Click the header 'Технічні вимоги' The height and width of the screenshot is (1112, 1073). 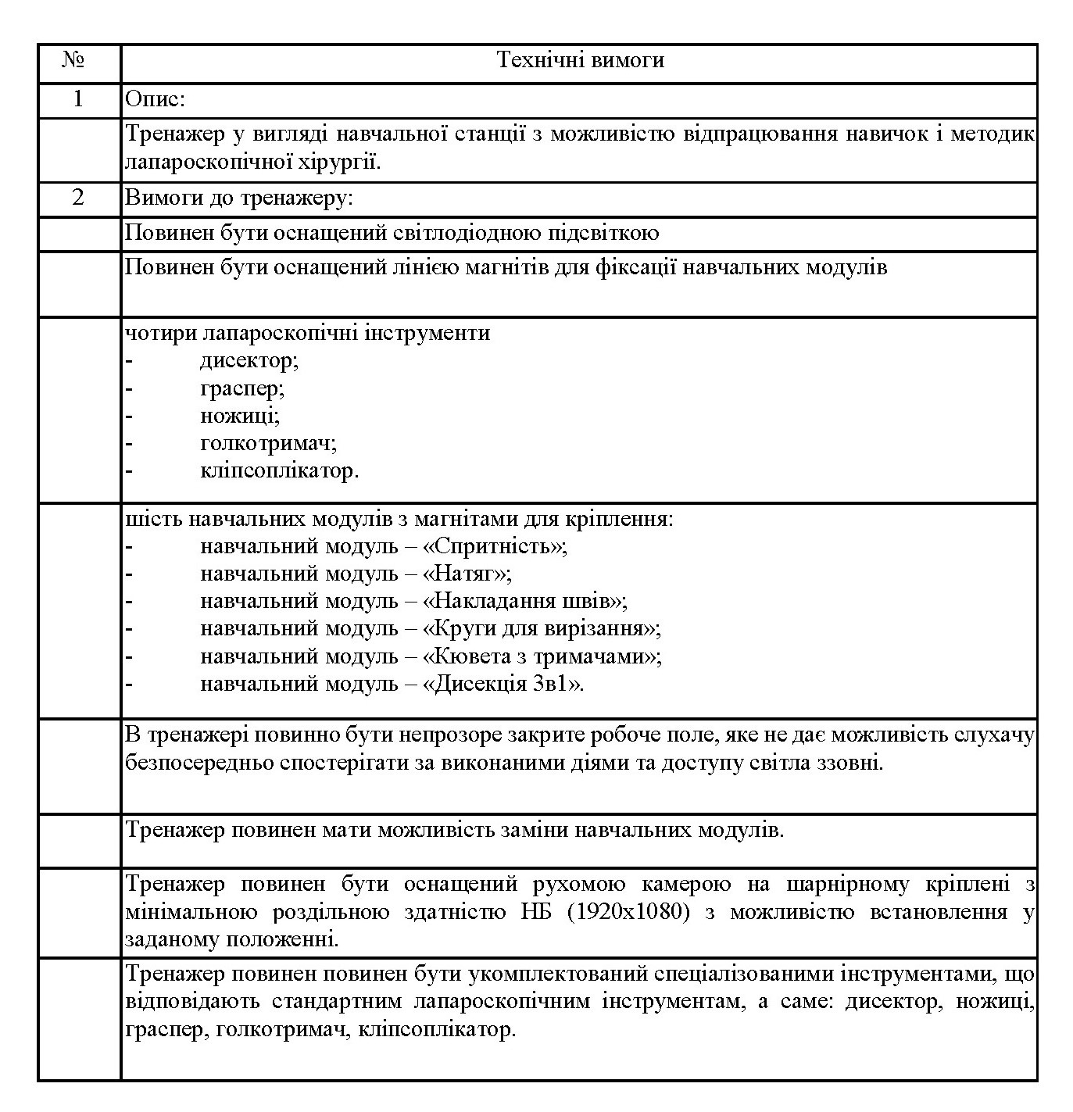[x=580, y=60]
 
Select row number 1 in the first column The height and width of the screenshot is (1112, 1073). [x=77, y=99]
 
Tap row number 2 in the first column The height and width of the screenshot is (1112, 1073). [x=77, y=198]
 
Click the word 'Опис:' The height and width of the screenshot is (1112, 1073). [x=156, y=99]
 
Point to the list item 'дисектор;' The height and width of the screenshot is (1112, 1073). [x=249, y=360]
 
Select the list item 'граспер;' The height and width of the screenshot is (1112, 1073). [x=242, y=388]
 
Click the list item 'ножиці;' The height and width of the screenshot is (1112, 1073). [x=240, y=415]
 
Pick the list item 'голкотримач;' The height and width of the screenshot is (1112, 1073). [x=268, y=443]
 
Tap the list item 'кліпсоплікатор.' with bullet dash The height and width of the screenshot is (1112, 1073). [x=279, y=470]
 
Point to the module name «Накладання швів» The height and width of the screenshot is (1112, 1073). [x=524, y=600]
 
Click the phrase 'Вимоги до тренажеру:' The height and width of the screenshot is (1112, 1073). [x=240, y=198]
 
